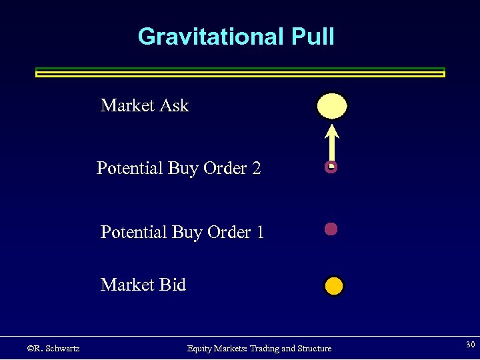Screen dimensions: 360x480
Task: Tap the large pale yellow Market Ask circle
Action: (x=332, y=106)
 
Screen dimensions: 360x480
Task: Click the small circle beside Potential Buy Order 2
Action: (x=331, y=167)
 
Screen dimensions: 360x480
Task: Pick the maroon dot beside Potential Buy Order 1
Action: (x=331, y=229)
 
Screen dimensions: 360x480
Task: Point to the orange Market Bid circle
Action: (x=333, y=287)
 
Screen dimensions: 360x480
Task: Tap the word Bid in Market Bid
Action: (x=172, y=285)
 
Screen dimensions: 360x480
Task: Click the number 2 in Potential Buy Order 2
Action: (x=257, y=168)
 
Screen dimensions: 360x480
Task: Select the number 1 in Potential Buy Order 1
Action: (x=259, y=232)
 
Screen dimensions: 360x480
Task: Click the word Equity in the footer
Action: (x=200, y=348)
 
